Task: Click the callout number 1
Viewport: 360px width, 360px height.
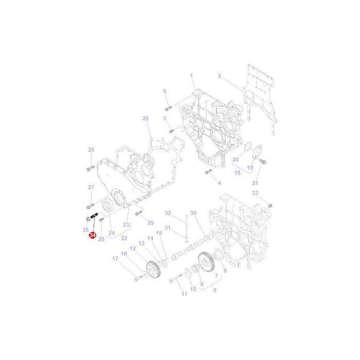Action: pyautogui.click(x=191, y=76)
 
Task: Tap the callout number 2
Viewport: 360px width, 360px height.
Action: pyautogui.click(x=219, y=76)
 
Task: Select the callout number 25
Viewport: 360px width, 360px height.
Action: pyautogui.click(x=146, y=119)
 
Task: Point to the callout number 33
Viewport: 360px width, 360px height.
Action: pyautogui.click(x=255, y=193)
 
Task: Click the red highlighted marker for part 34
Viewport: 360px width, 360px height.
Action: pyautogui.click(x=92, y=235)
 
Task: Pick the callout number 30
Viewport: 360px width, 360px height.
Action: pyautogui.click(x=193, y=213)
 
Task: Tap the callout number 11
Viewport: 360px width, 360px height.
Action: pyautogui.click(x=185, y=294)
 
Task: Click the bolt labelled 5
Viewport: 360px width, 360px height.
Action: pyautogui.click(x=168, y=109)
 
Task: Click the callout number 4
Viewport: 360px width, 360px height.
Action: pyautogui.click(x=219, y=183)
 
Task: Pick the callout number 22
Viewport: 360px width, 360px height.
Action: pyautogui.click(x=123, y=238)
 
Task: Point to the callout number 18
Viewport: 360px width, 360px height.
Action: pyautogui.click(x=238, y=173)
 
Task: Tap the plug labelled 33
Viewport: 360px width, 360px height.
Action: pyautogui.click(x=269, y=205)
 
